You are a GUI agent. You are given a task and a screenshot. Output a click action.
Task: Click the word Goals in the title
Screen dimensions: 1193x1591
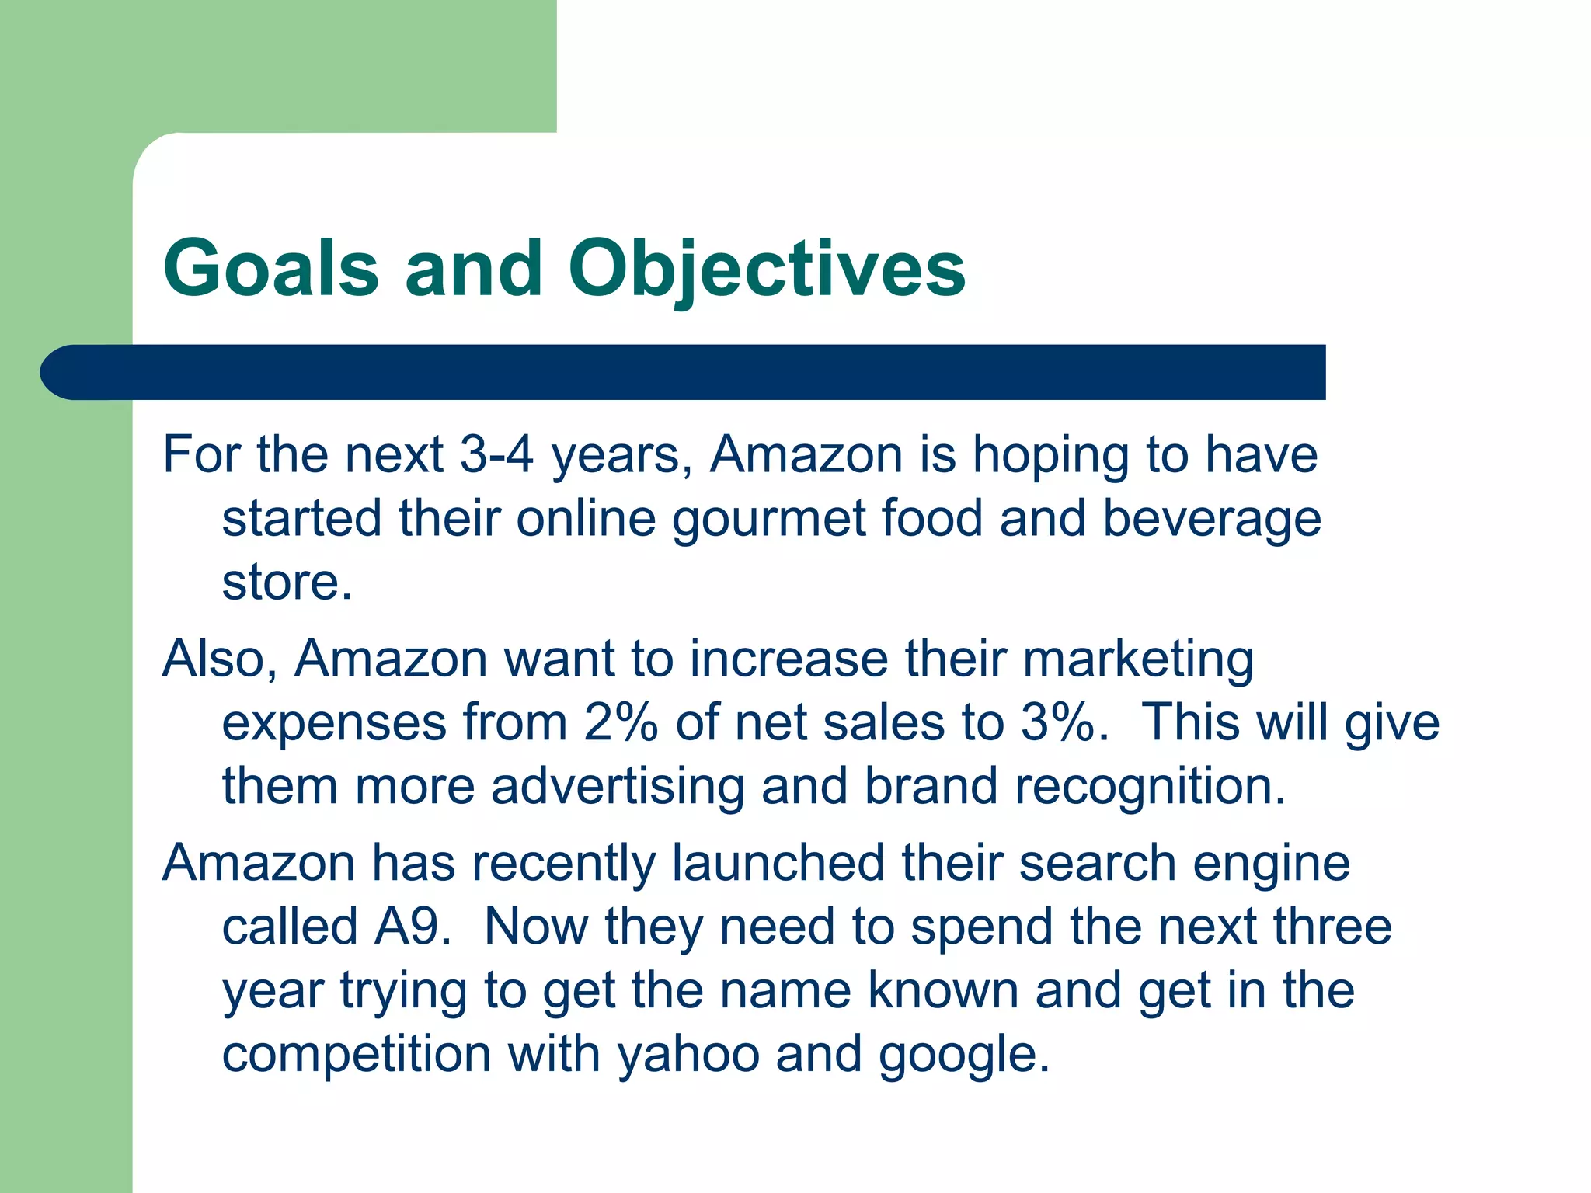point(270,268)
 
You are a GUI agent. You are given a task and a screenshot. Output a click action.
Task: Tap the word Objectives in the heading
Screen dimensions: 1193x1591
point(767,268)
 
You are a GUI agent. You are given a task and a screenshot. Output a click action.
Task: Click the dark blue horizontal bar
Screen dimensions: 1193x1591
point(684,372)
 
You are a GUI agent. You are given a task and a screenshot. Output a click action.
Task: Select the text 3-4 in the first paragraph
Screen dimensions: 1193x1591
point(496,454)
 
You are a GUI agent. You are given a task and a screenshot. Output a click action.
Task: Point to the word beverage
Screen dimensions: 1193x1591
point(1212,519)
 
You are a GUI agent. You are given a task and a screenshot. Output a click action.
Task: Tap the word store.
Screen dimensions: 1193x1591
point(287,583)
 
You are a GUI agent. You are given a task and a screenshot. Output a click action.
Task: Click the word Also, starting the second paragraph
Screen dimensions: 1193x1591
point(220,659)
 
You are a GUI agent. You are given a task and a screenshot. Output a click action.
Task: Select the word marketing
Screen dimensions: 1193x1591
point(1137,659)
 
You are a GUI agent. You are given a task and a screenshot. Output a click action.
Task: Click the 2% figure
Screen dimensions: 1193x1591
point(621,723)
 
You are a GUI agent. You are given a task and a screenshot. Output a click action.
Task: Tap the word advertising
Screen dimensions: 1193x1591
point(618,787)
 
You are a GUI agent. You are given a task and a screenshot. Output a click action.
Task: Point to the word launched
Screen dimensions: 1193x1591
point(778,863)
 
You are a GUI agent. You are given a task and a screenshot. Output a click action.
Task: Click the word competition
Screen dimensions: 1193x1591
point(357,1055)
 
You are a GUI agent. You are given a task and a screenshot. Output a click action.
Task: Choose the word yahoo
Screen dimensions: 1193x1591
point(688,1055)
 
